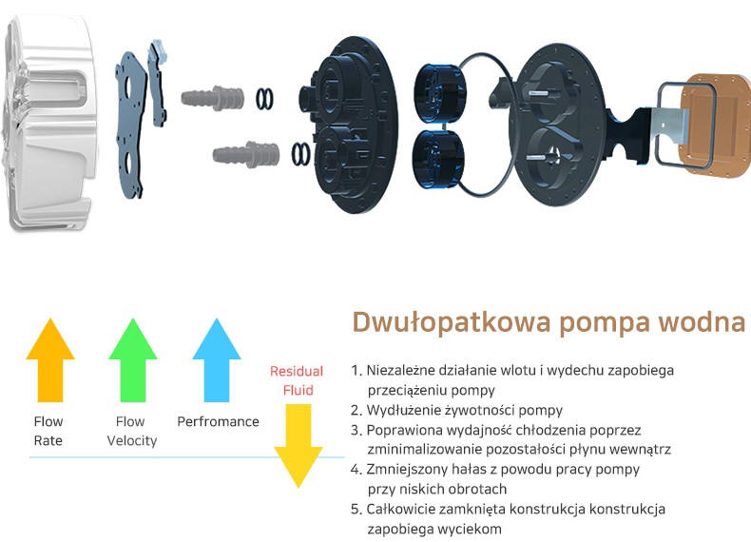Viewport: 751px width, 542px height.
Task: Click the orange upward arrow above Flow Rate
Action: point(49,359)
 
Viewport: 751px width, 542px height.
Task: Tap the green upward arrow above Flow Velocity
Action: point(133,359)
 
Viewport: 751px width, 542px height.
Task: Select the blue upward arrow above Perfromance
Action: point(217,359)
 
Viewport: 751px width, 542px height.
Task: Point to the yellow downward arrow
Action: point(298,446)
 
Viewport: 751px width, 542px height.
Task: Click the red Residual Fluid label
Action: point(297,380)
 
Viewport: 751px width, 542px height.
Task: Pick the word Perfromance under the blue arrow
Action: point(218,422)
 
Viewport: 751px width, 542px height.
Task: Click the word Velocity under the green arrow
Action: point(132,441)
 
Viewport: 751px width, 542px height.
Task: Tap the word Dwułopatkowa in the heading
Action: point(452,322)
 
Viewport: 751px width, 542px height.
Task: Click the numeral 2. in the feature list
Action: point(356,410)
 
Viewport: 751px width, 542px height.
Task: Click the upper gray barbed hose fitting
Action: point(212,98)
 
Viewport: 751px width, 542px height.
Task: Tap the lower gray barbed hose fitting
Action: point(246,154)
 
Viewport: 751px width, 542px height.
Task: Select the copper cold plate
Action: point(716,125)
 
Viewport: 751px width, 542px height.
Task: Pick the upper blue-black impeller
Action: point(439,93)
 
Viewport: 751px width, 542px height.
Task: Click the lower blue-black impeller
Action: point(437,158)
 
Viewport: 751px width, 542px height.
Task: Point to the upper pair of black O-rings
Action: point(265,99)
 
